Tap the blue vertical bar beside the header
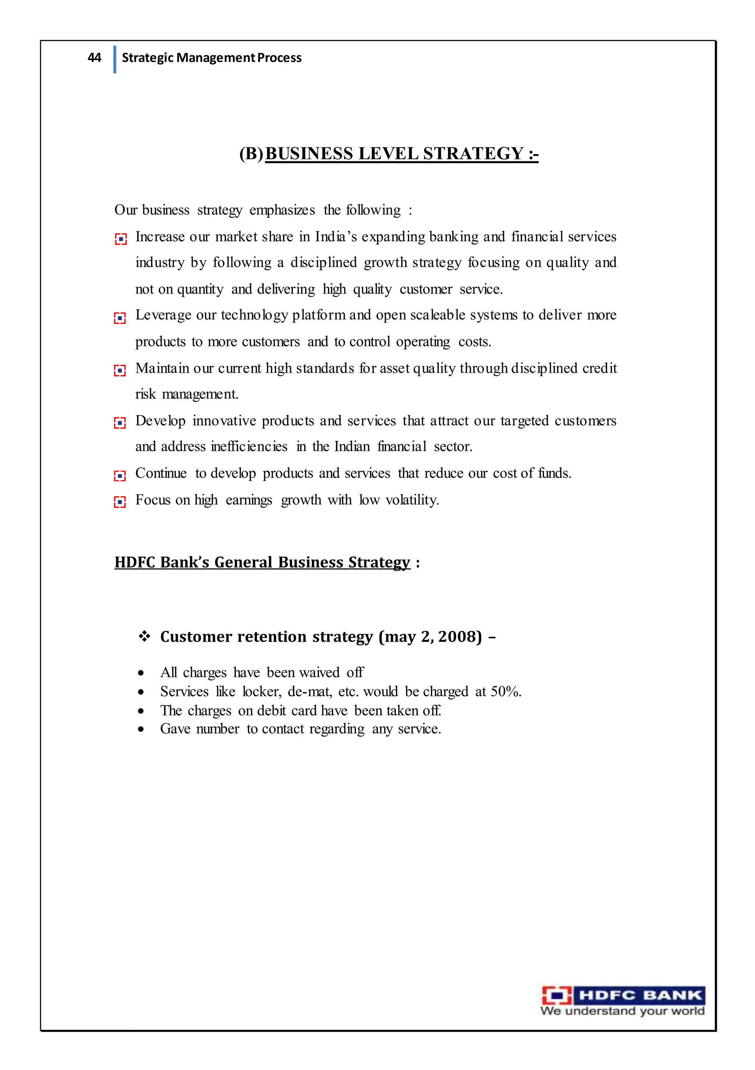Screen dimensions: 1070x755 coord(115,59)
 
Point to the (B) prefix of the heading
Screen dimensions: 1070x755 coord(251,153)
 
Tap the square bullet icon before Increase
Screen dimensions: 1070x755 coord(121,239)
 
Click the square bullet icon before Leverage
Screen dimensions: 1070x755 coord(120,318)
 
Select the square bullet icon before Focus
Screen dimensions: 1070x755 coord(120,502)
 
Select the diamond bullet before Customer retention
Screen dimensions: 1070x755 coord(145,636)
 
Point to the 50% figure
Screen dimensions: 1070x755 coord(505,691)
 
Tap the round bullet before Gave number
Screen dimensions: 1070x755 coord(141,729)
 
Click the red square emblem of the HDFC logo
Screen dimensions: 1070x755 coord(557,995)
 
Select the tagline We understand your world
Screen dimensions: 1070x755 coord(622,1011)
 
